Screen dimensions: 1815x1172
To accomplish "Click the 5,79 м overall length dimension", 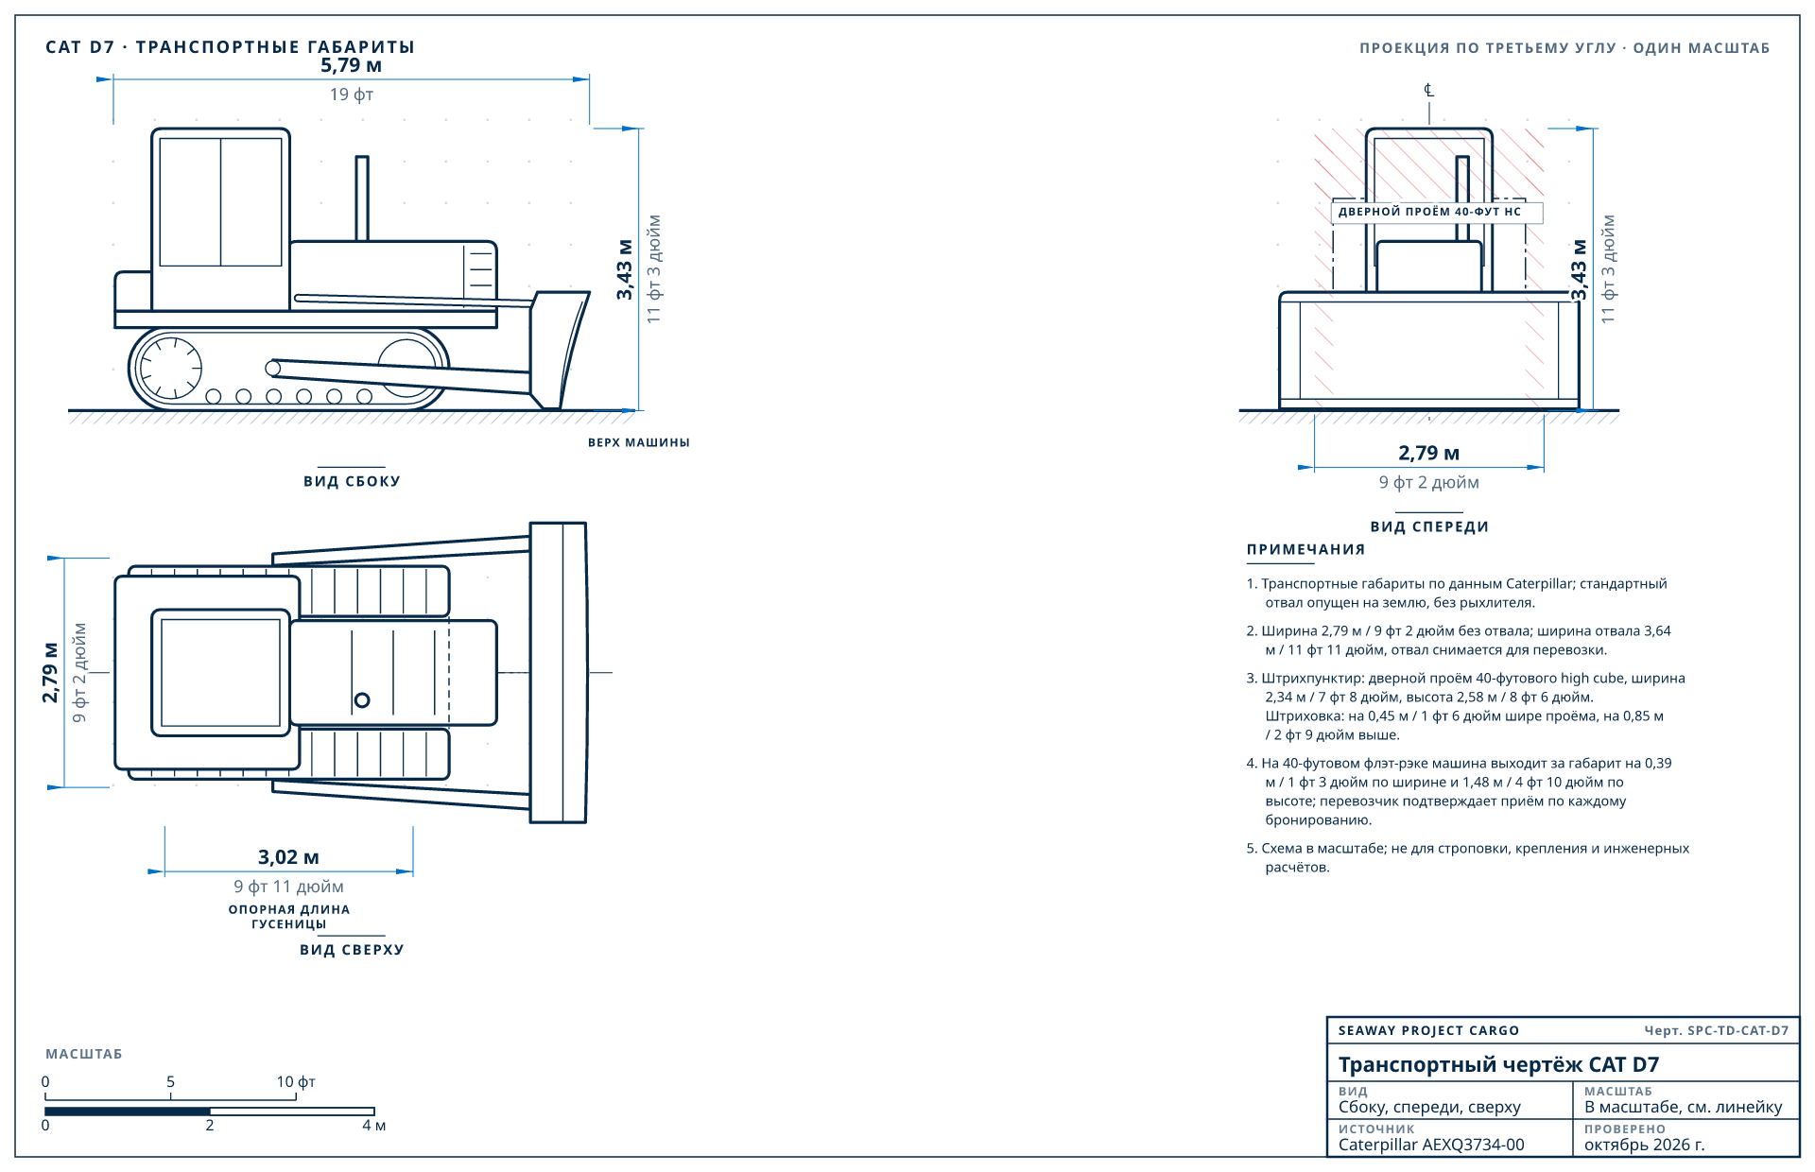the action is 351,65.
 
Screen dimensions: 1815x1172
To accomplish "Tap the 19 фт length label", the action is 352,95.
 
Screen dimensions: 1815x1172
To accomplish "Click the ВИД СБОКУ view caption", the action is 352,481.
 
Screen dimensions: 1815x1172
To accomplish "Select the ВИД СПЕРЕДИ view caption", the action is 1429,526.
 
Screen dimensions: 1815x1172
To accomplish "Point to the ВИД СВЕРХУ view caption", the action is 352,950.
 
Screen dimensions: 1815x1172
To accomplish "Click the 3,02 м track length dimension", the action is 288,857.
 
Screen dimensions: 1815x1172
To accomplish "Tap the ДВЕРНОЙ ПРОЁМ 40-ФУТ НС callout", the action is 1429,212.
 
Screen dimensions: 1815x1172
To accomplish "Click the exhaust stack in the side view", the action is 362,198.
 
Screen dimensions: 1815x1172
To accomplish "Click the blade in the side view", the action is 560,350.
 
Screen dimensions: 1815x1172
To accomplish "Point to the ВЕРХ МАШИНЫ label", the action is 639,442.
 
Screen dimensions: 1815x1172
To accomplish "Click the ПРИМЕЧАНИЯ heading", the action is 1305,549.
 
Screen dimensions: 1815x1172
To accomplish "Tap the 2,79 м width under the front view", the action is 1428,454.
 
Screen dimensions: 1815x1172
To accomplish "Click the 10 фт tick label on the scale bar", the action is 296,1081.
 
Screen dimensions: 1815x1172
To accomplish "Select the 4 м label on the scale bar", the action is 374,1125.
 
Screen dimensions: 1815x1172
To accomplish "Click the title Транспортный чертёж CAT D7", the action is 1498,1065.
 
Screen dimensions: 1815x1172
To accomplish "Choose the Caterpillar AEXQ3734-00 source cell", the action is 1431,1145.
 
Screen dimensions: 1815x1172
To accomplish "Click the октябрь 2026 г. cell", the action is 1645,1145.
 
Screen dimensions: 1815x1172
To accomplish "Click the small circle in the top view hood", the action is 362,700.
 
